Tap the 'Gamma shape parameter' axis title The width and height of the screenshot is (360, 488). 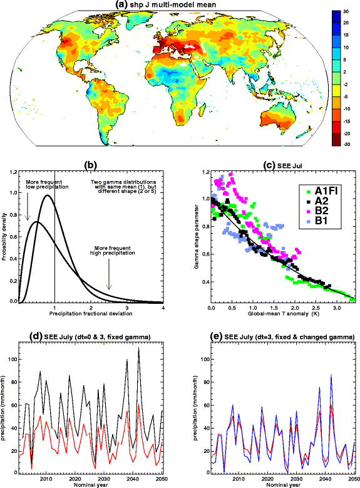click(195, 236)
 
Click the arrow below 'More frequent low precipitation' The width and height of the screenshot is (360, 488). click(28, 205)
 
